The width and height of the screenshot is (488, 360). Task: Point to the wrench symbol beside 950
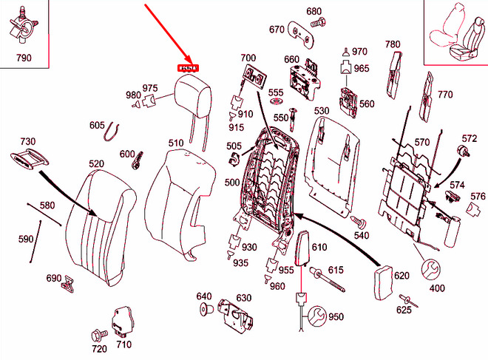pos(316,317)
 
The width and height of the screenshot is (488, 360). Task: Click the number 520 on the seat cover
pos(96,163)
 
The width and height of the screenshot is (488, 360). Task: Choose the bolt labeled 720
pos(98,333)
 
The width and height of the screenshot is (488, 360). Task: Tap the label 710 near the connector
pos(123,344)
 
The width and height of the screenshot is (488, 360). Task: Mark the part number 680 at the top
pos(314,11)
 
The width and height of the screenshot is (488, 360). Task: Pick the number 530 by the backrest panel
pos(321,112)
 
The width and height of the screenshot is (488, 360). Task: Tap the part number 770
pos(444,95)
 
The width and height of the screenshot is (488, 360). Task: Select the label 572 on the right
pos(470,138)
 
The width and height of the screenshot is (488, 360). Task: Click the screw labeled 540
pos(357,220)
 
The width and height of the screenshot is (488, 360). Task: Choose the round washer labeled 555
pos(276,103)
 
